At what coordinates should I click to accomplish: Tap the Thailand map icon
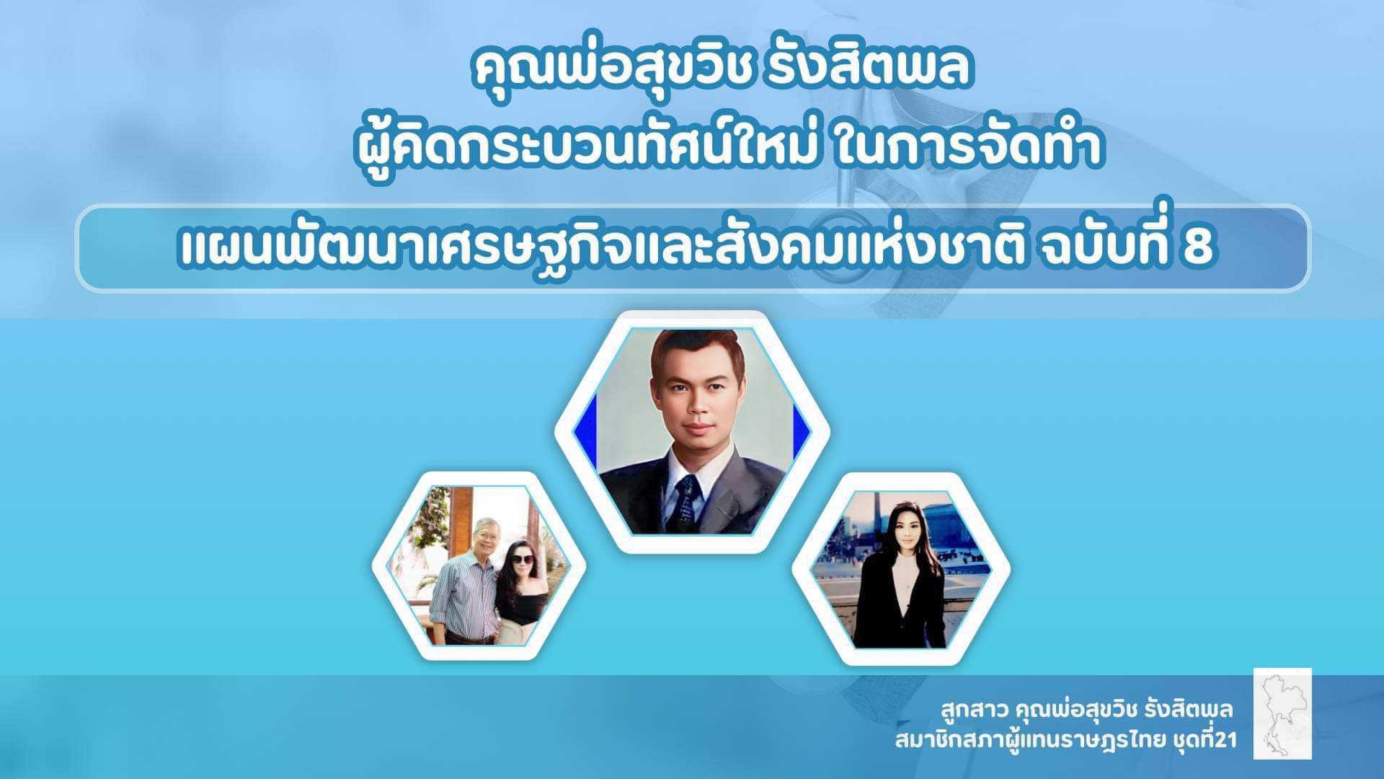point(1282,713)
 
